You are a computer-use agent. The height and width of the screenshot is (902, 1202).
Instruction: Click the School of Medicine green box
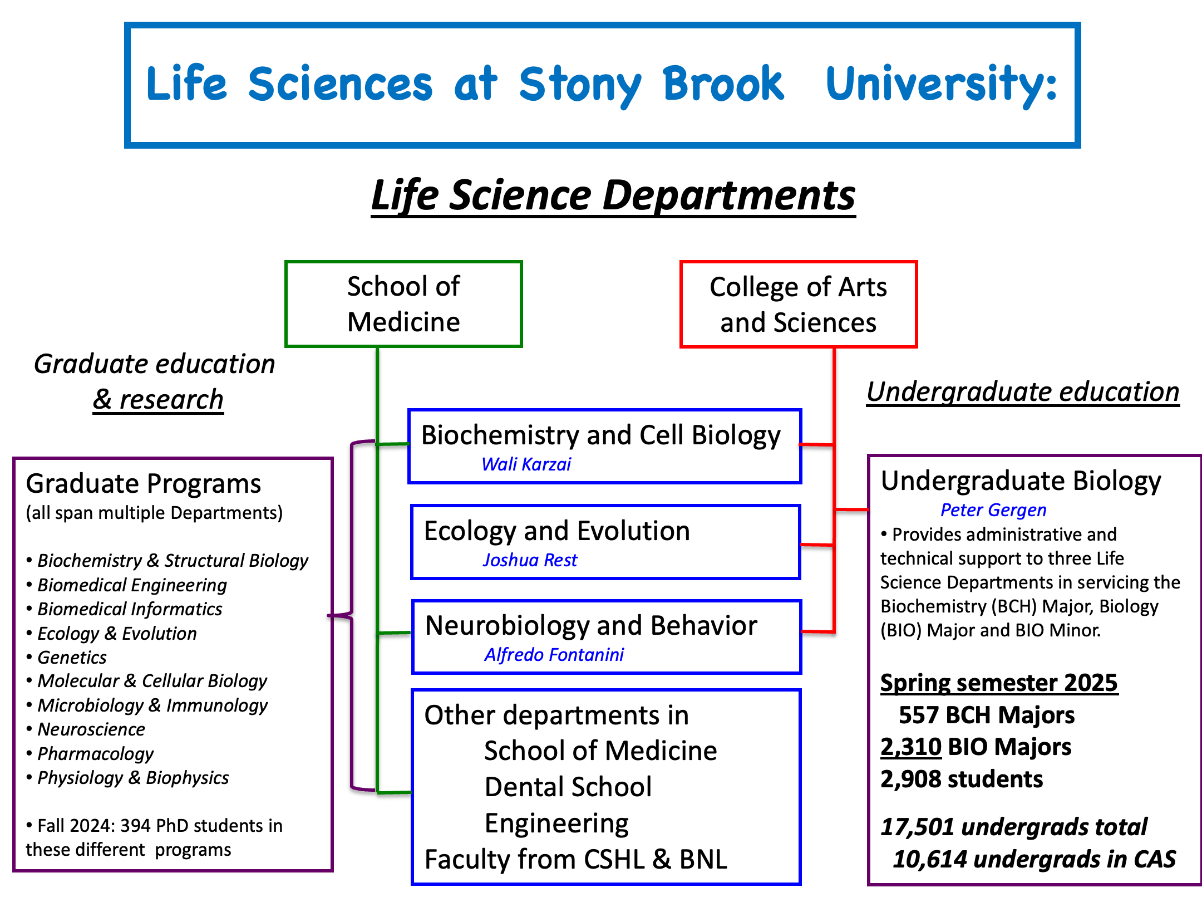tap(403, 304)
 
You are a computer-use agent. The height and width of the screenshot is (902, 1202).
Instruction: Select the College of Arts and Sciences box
tap(798, 305)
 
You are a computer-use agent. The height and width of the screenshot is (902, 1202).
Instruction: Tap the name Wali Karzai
tap(526, 464)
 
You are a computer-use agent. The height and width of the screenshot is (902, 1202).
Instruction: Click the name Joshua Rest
tap(530, 560)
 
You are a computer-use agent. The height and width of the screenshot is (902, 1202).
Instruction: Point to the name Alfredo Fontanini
tap(554, 655)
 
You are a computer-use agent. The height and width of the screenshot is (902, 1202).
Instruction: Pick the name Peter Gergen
tap(993, 510)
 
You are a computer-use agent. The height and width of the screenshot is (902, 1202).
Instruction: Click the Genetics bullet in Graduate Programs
tap(72, 658)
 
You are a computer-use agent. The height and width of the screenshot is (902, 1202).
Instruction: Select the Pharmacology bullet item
tap(95, 754)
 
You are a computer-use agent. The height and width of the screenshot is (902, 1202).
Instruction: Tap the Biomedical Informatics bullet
tap(130, 609)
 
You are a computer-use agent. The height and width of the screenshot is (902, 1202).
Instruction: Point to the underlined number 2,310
tap(910, 747)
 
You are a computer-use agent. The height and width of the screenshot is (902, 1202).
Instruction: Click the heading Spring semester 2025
tap(998, 683)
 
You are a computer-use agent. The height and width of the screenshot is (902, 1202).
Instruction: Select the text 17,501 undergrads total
tap(1013, 827)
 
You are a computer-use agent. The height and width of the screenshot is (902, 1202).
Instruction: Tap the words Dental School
tap(568, 787)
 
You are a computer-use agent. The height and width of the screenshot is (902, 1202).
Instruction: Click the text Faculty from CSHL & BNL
tap(575, 860)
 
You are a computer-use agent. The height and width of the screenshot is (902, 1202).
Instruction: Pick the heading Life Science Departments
tap(613, 196)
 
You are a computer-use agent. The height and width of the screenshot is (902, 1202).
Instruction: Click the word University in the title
tap(940, 85)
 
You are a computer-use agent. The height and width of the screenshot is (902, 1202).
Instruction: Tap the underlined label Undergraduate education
tap(1023, 392)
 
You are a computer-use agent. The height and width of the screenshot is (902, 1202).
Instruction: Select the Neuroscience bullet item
tap(91, 729)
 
